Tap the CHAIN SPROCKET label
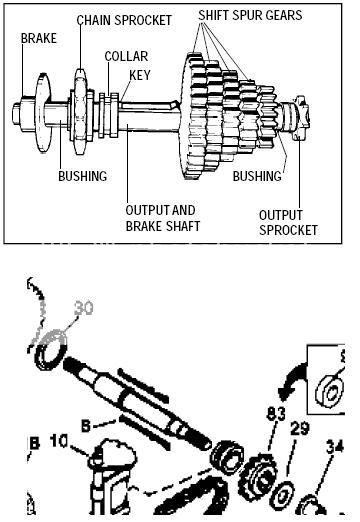click(x=124, y=19)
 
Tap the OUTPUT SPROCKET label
click(x=288, y=221)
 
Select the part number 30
click(x=82, y=308)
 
